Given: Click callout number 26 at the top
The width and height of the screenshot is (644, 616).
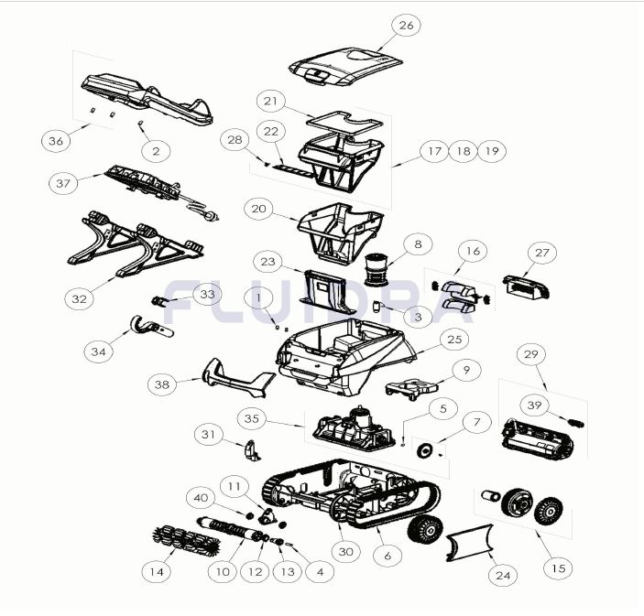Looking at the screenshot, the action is [x=406, y=26].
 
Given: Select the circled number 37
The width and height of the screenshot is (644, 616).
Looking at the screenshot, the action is [x=63, y=183].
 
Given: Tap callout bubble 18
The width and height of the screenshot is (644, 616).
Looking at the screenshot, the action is [x=464, y=151].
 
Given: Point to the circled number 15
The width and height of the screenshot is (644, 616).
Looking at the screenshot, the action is [x=558, y=568].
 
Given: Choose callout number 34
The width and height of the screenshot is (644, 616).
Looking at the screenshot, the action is [x=99, y=351].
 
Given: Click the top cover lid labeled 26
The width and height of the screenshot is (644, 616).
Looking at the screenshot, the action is [x=346, y=67].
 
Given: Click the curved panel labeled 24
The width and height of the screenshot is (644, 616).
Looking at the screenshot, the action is [x=469, y=542].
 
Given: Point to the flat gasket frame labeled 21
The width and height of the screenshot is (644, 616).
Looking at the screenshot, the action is [x=345, y=122].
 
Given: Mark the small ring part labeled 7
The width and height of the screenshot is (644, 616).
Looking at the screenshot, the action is [x=424, y=450].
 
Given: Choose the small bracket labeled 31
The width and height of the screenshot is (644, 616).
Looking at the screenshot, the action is [x=252, y=449].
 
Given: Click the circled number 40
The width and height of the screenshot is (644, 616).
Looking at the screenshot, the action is [x=201, y=498].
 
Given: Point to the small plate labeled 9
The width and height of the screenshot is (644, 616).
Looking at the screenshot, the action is [x=411, y=389].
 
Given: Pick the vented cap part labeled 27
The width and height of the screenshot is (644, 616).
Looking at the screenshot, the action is [x=527, y=286].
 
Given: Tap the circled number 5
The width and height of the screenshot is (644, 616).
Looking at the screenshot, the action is [x=443, y=409].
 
